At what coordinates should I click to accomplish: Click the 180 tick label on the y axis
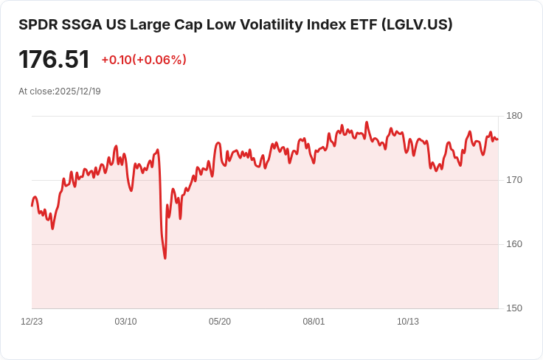pos(514,116)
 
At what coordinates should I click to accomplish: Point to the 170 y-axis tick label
pos(514,180)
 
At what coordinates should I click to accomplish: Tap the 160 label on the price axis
pos(514,244)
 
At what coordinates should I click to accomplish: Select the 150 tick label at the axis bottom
pos(514,308)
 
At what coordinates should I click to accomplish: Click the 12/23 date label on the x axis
pos(32,322)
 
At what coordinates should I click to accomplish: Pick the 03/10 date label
pos(125,322)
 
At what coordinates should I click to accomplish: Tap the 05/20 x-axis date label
pos(220,322)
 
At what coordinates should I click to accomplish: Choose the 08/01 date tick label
pos(314,322)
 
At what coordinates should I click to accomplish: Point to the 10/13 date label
pos(407,322)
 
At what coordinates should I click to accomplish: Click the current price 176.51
pos(54,60)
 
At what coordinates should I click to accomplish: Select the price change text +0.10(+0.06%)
pos(144,60)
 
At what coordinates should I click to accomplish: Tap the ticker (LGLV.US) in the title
pos(417,24)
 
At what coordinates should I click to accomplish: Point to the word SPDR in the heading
pos(38,24)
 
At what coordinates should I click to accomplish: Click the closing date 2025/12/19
pos(78,91)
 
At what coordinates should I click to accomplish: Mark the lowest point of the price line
pos(165,258)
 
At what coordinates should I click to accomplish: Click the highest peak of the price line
pos(367,122)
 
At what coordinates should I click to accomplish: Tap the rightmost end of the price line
pos(498,139)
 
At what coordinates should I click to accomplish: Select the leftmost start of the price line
pos(32,206)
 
